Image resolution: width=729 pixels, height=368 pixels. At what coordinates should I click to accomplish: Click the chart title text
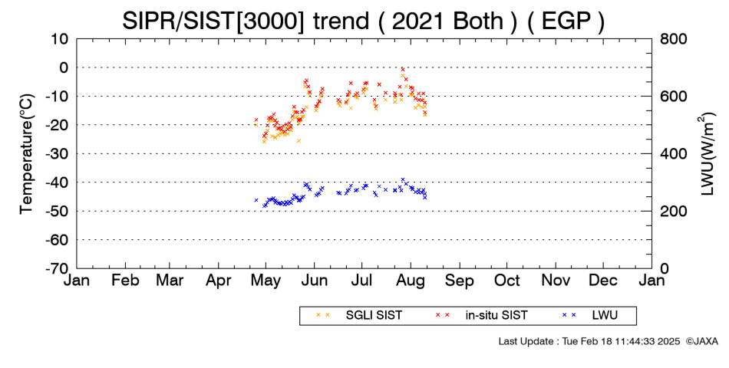tap(364, 21)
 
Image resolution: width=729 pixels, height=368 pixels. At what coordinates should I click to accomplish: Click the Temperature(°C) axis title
tap(27, 154)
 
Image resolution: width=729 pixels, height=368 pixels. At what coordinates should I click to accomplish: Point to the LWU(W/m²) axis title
tap(706, 154)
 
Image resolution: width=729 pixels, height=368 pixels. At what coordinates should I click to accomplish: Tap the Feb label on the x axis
tap(126, 281)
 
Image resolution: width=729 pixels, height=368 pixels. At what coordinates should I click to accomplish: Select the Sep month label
tap(460, 281)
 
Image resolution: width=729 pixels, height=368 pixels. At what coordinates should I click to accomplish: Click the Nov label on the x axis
tap(556, 281)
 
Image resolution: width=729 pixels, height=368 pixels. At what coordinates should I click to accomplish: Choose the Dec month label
tap(603, 281)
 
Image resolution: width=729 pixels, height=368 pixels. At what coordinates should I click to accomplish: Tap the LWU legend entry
tap(590, 315)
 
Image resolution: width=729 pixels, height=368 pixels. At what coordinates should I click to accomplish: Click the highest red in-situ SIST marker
tap(403, 69)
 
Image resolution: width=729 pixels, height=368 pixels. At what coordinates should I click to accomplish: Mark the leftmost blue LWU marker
tap(256, 200)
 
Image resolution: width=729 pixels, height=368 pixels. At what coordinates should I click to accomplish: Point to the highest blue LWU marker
tap(403, 179)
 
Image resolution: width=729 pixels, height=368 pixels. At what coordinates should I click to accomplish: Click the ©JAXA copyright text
tap(701, 341)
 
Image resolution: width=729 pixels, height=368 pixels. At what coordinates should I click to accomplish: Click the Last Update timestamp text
tap(589, 341)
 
